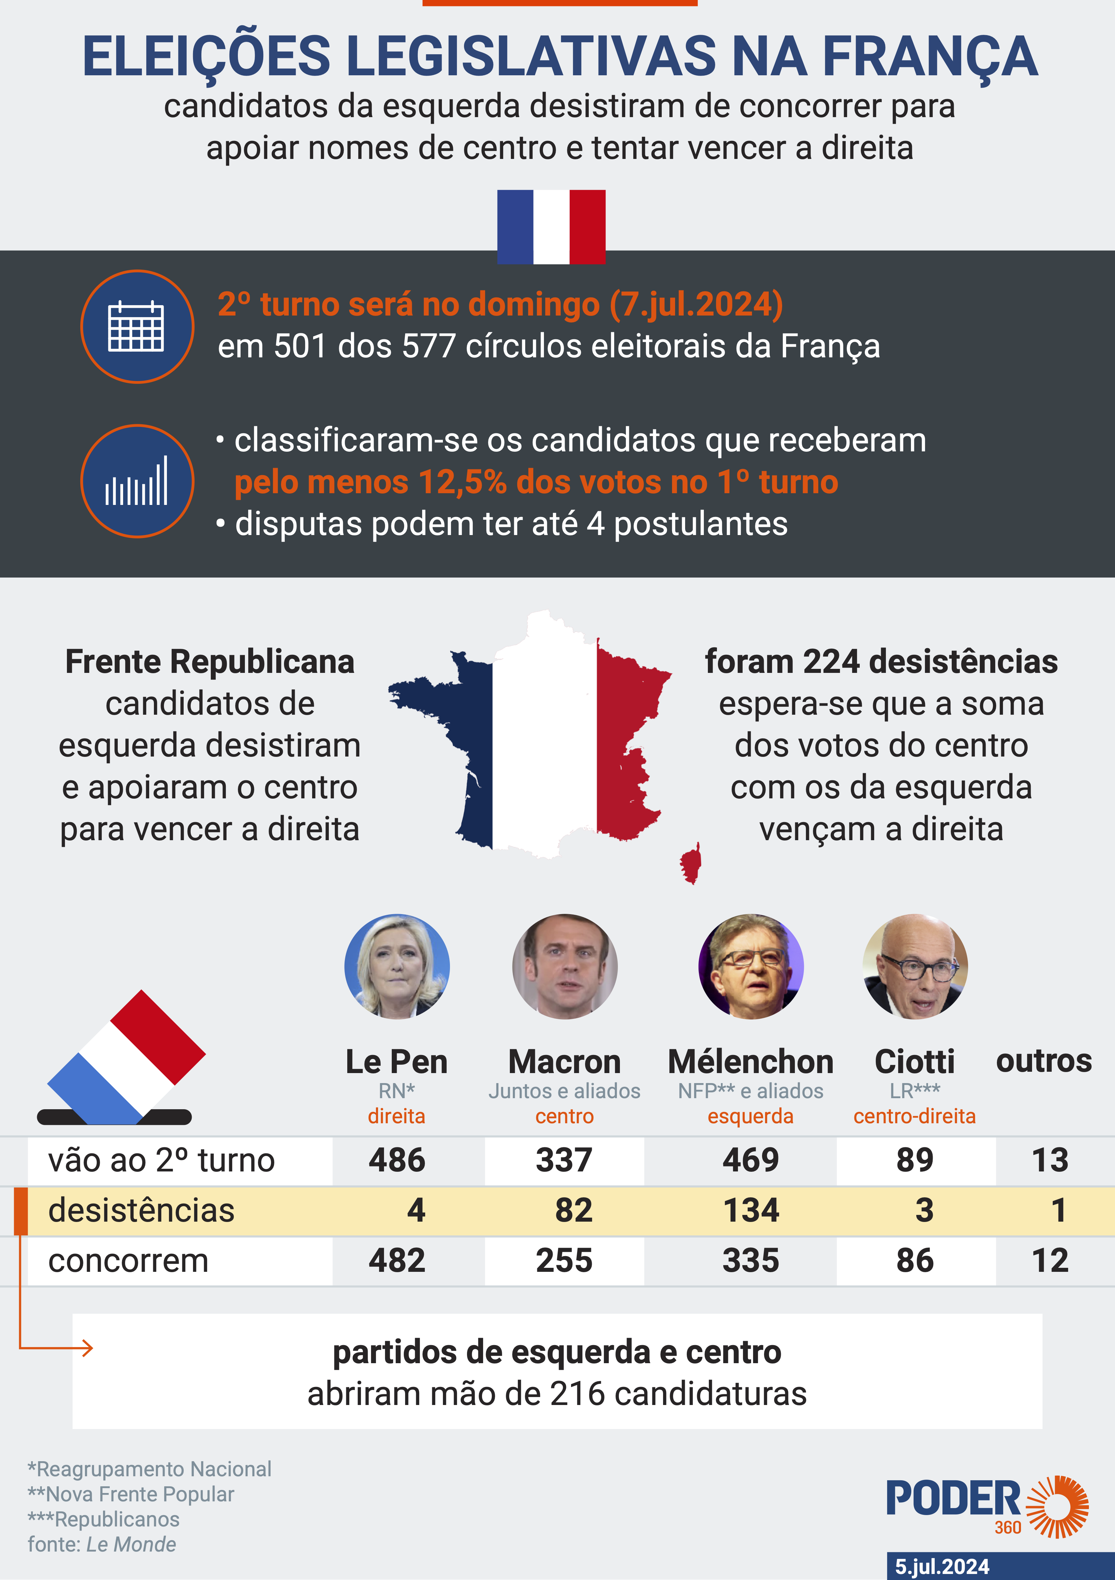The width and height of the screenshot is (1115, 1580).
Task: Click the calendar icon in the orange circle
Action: click(137, 326)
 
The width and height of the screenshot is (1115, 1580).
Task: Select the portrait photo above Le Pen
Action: click(397, 966)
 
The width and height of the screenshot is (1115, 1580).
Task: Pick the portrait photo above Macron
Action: click(565, 966)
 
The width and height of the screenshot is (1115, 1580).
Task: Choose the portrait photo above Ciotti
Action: click(915, 966)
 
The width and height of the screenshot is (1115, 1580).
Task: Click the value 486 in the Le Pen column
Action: click(397, 1160)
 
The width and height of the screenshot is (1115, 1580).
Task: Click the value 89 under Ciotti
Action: click(915, 1160)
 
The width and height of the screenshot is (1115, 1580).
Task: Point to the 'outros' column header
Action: click(1043, 1061)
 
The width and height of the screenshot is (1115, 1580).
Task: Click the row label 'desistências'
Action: click(141, 1211)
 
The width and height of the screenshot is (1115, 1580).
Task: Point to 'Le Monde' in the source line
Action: click(131, 1544)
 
